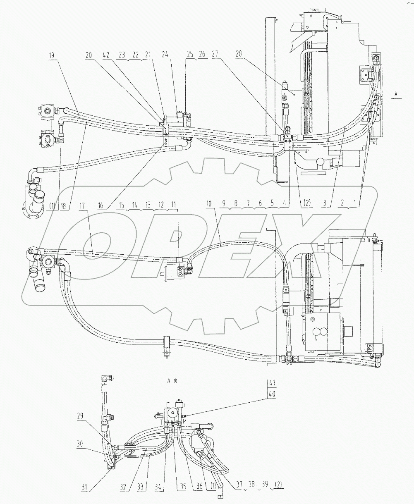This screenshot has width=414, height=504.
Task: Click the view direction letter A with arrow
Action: click(396, 94)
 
